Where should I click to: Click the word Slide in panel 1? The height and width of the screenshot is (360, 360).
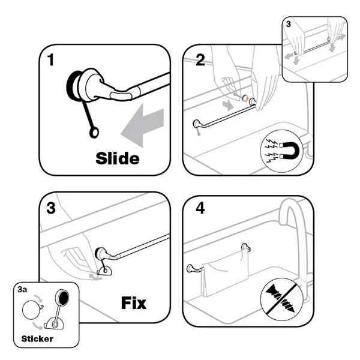point(118,158)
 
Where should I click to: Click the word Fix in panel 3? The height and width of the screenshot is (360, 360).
point(134,303)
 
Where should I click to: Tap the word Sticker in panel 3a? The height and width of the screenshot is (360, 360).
point(37,338)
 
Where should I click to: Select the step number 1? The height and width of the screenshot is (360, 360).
point(51,60)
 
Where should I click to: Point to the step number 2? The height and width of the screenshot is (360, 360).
point(200,60)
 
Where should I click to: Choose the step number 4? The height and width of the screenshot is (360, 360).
point(200,208)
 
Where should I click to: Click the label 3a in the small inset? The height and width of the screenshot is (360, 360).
point(22,290)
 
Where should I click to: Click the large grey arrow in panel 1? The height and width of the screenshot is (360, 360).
point(142,125)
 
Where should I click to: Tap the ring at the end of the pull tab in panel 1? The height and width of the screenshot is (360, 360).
point(94,133)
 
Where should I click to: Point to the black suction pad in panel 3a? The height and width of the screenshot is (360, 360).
point(62,298)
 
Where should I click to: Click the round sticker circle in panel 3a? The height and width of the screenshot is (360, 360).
point(32,310)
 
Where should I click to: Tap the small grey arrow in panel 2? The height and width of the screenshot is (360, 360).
point(228,106)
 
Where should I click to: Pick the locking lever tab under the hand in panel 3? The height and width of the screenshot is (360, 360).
point(104,271)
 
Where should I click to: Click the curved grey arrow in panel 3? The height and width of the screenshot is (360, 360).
point(95,277)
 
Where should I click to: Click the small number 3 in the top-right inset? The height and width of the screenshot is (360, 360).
point(289,24)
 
